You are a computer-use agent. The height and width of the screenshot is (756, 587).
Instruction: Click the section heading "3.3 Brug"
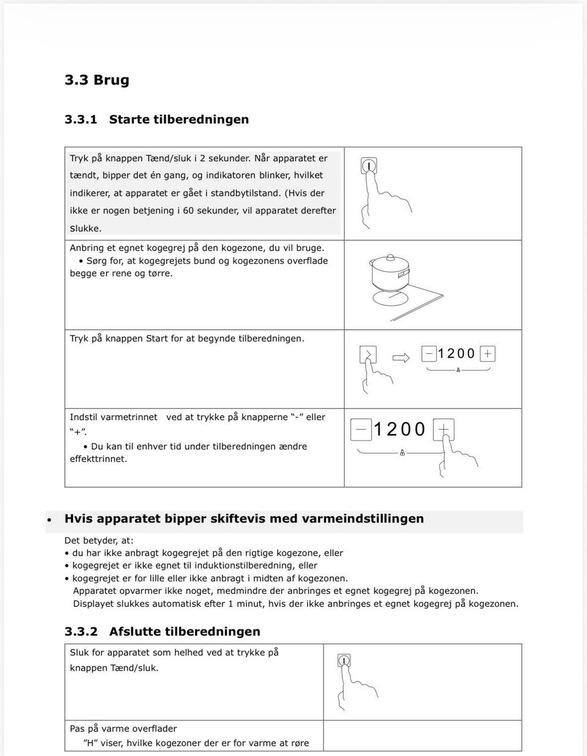pos(97,80)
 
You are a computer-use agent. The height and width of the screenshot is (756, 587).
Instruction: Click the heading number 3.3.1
pos(81,120)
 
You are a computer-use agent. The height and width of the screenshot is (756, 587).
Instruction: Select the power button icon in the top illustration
pos(369,166)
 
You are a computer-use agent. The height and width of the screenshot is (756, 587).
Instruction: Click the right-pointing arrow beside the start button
pos(401,358)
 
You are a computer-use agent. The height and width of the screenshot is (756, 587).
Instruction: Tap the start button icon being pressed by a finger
pos(368,354)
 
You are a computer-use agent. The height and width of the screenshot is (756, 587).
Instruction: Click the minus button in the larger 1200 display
pos(361,430)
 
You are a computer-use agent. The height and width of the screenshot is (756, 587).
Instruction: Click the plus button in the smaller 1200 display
pos(487,354)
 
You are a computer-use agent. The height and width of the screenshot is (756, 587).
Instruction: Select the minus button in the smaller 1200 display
pos(429,354)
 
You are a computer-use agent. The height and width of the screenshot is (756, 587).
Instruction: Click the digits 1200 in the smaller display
pos(457,354)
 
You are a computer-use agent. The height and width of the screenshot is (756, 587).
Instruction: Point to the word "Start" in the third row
pos(157,339)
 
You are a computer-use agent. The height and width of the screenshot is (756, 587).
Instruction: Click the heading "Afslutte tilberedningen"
pos(185,632)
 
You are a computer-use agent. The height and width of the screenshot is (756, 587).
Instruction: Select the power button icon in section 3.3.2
pos(344,661)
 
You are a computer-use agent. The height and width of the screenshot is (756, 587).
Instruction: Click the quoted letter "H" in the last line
pos(90,744)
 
